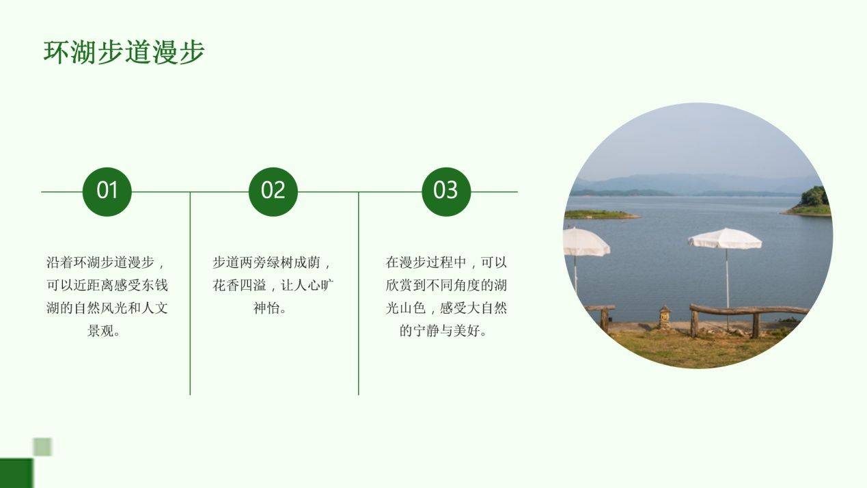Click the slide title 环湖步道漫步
pos(124,51)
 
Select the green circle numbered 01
pos(107,191)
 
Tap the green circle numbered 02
pos(273,191)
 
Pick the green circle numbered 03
pos(446,191)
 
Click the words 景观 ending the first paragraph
pos(100,331)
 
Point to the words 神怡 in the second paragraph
pos(266,308)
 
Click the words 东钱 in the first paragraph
pos(155,286)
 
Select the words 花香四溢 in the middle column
pos(240,286)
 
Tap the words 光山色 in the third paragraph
pos(406,308)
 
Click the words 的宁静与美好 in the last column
pos(440,331)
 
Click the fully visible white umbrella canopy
pos(725,239)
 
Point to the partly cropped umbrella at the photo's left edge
pos(586,242)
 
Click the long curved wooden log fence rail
pos(749,310)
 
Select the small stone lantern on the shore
pos(665,317)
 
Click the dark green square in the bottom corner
pos(16,473)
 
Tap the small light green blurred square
pos(42,447)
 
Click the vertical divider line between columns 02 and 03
pos(359,294)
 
